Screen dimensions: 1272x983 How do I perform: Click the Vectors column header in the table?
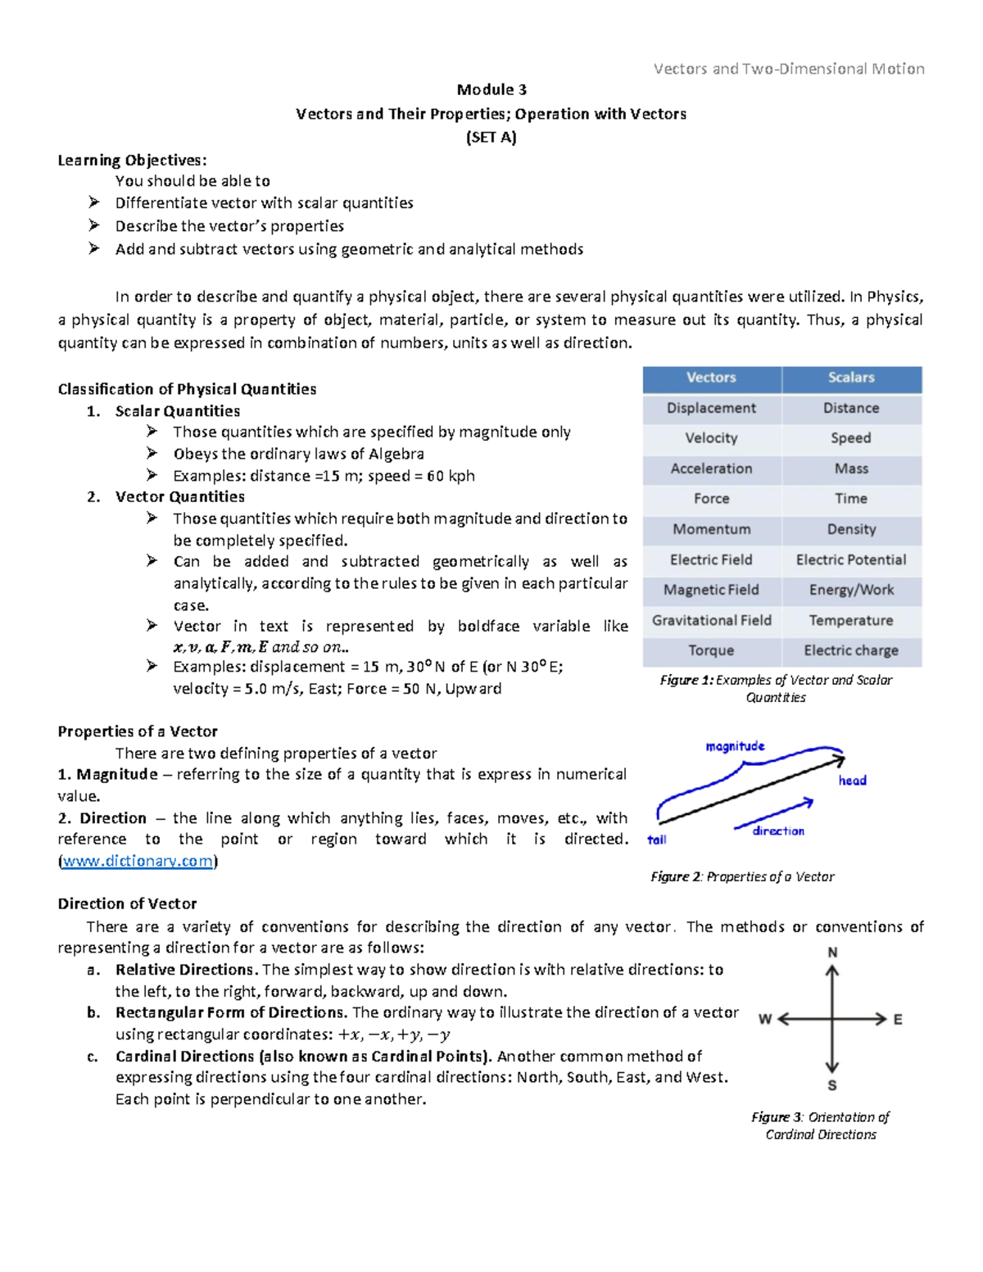[711, 378]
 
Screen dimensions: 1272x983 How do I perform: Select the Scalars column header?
[851, 378]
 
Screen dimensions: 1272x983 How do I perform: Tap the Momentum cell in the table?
[711, 529]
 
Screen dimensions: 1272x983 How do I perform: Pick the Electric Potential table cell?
[851, 559]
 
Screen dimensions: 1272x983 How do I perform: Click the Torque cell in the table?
[711, 650]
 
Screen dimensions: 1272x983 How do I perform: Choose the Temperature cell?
[851, 620]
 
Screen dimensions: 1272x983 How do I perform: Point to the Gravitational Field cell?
[711, 620]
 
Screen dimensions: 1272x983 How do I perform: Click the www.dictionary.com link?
[138, 861]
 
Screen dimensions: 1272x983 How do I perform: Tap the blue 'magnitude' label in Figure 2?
[735, 746]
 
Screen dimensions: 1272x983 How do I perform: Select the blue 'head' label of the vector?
[852, 781]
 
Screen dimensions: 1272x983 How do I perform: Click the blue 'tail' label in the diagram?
[657, 840]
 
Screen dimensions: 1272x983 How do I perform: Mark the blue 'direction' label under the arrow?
[778, 831]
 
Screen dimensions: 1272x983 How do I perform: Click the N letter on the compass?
[832, 953]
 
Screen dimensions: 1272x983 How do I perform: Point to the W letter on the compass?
[765, 1020]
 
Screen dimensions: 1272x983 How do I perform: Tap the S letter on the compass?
[832, 1086]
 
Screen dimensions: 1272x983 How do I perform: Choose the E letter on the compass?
[898, 1020]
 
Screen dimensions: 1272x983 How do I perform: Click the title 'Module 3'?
[491, 90]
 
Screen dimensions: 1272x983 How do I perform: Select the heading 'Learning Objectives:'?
[132, 161]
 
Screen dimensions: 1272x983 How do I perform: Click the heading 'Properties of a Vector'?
[138, 731]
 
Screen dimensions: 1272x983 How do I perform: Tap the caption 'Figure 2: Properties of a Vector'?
[742, 876]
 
